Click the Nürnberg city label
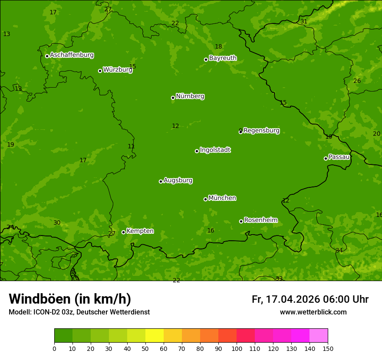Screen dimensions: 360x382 pos(190,96)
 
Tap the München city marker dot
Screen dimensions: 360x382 pos(205,199)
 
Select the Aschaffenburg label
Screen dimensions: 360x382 pos(72,55)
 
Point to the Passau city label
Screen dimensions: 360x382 pos(339,157)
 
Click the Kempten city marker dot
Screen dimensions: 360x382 pos(123,232)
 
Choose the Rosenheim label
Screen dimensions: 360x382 pos(260,220)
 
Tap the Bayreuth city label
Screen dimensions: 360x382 pos(223,58)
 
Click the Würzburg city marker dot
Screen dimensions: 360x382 pos(100,71)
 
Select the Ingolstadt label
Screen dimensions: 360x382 pos(215,150)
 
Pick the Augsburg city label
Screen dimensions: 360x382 pos(178,180)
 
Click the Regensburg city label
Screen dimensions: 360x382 pos(261,131)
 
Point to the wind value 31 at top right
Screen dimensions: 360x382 pos(304,21)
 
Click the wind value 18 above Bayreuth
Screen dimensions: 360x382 pos(218,46)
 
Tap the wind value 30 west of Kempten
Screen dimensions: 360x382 pos(57,223)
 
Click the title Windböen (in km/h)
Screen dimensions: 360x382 pos(70,299)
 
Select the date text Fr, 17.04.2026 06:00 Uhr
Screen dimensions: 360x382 pos(310,299)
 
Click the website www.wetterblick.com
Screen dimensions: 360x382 pos(313,312)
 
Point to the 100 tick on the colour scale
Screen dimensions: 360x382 pos(237,348)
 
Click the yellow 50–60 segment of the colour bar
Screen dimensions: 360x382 pos(155,336)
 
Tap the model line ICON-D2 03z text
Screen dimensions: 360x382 pos(79,312)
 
